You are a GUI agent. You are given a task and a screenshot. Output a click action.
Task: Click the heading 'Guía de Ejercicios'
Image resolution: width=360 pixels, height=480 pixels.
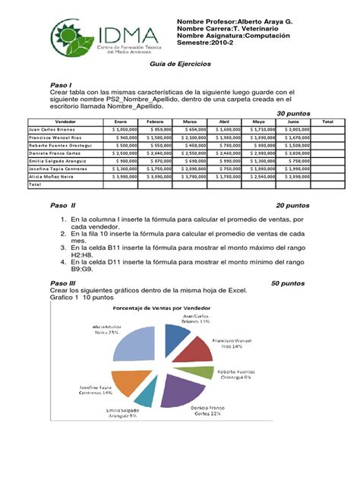point(179,66)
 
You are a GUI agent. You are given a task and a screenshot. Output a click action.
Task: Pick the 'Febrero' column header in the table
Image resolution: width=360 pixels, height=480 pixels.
point(156,122)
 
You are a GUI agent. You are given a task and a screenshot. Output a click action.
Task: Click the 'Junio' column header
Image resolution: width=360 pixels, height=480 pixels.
point(293,122)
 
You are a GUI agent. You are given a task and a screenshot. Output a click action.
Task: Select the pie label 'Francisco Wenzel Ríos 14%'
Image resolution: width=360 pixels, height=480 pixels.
point(232,345)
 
